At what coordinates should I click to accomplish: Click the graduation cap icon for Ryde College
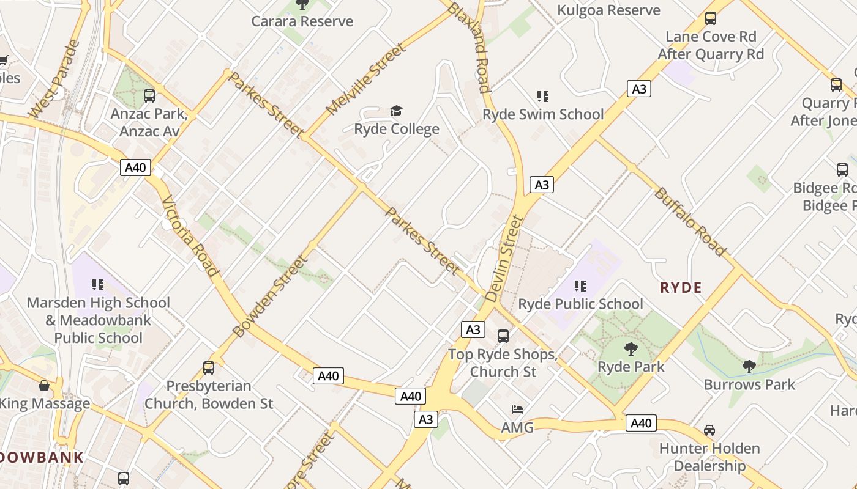pyautogui.click(x=397, y=111)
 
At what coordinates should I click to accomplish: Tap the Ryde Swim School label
pyautogui.click(x=543, y=114)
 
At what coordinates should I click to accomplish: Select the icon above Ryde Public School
pyautogui.click(x=580, y=285)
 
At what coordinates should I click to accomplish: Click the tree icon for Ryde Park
pyautogui.click(x=631, y=349)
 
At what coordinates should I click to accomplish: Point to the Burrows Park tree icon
pyautogui.click(x=749, y=366)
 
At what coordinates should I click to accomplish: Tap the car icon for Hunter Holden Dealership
pyautogui.click(x=709, y=430)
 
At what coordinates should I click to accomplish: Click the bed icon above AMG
pyautogui.click(x=517, y=409)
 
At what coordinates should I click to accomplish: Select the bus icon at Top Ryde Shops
pyautogui.click(x=503, y=336)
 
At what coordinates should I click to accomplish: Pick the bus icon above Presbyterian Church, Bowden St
pyautogui.click(x=209, y=367)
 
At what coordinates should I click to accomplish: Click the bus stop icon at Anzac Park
pyautogui.click(x=149, y=95)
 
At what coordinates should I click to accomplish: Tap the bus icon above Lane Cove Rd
pyautogui.click(x=710, y=18)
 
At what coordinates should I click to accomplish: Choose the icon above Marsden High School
pyautogui.click(x=98, y=284)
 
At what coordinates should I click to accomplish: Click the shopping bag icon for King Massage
pyautogui.click(x=43, y=386)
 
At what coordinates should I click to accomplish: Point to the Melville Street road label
pyautogui.click(x=365, y=79)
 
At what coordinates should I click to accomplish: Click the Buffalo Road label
pyautogui.click(x=690, y=221)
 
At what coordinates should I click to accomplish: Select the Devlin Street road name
pyautogui.click(x=504, y=258)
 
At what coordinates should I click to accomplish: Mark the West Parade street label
pyautogui.click(x=54, y=79)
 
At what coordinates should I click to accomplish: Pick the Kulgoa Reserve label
pyautogui.click(x=608, y=10)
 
